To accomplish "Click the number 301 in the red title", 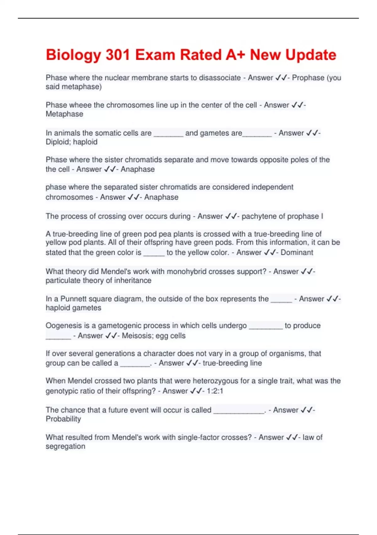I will click(x=117, y=55).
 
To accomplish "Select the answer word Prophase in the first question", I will click(x=308, y=78).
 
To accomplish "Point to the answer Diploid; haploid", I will click(x=72, y=142).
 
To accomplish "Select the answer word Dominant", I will click(x=297, y=252).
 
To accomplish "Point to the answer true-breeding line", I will click(x=232, y=363).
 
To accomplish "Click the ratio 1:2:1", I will click(x=215, y=391).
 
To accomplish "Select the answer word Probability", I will click(x=63, y=419).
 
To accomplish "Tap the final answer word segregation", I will click(x=65, y=447).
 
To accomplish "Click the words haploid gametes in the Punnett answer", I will click(x=74, y=308).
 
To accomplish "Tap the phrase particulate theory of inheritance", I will click(x=98, y=280).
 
